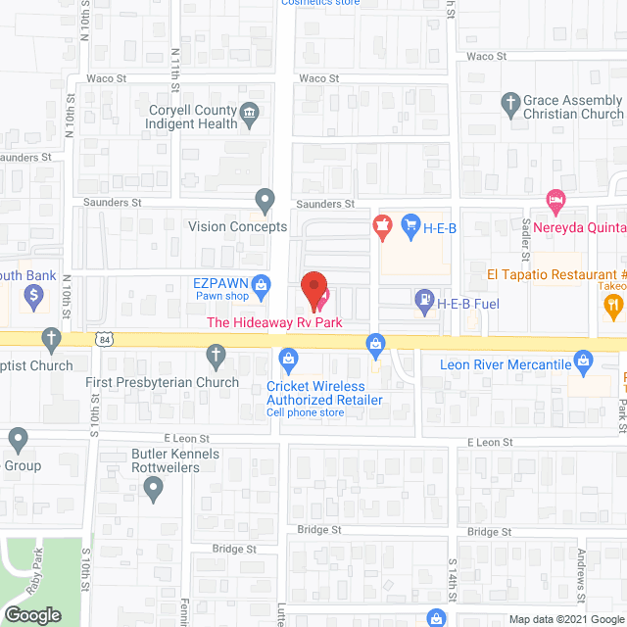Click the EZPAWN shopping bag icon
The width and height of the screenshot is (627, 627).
(261, 286)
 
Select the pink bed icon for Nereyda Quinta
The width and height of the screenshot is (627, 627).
(555, 201)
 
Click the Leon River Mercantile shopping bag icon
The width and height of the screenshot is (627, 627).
(583, 362)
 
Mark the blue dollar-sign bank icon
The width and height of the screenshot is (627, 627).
(33, 294)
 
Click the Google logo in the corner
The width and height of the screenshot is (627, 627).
(32, 614)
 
